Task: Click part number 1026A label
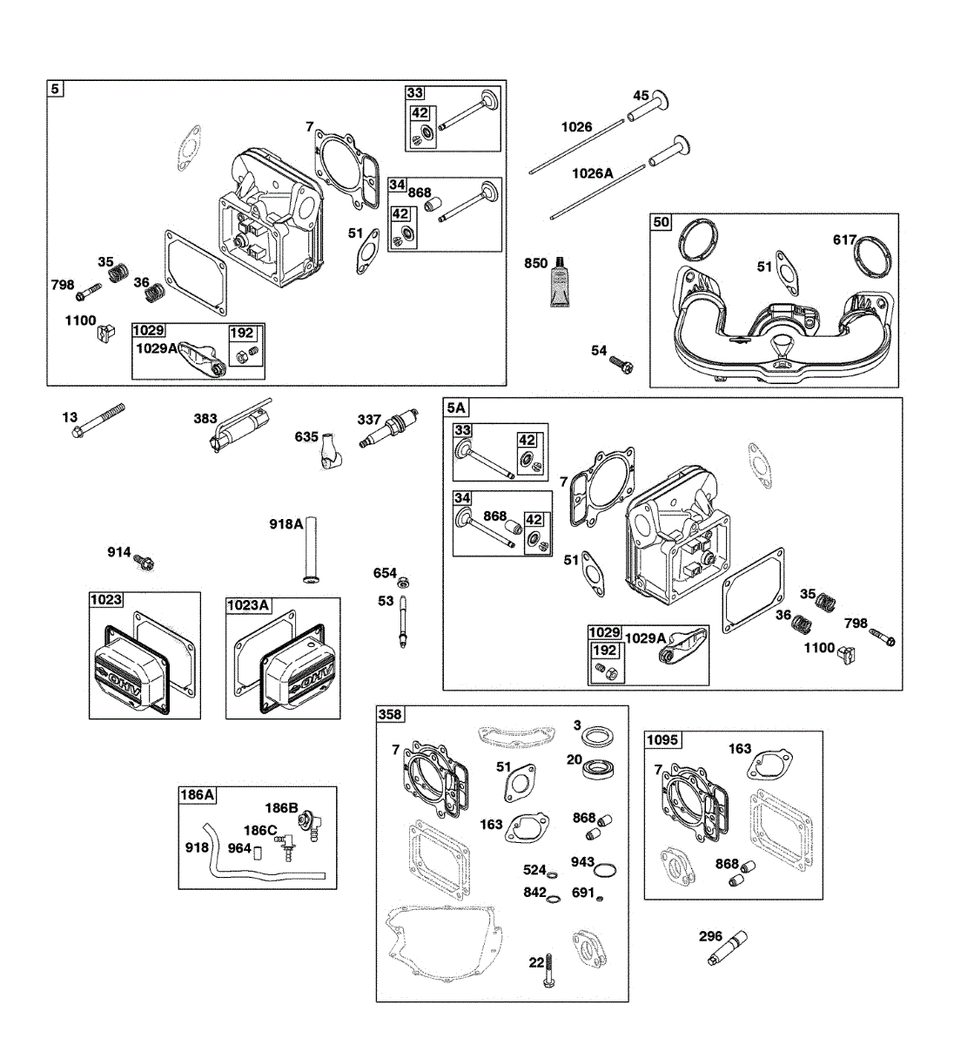tap(592, 173)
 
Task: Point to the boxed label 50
tap(662, 222)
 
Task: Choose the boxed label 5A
tap(456, 408)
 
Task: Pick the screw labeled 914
tap(144, 562)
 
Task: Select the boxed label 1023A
tap(248, 604)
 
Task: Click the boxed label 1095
tap(663, 740)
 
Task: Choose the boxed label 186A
tap(197, 794)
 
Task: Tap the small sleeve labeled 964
tap(259, 851)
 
